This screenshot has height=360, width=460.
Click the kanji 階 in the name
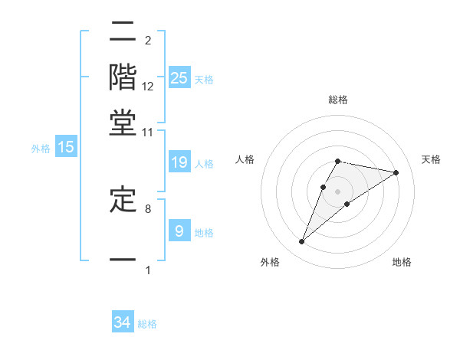click(123, 79)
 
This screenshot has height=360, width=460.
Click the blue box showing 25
click(179, 77)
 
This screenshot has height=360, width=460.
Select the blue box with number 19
click(179, 162)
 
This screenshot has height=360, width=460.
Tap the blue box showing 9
click(179, 231)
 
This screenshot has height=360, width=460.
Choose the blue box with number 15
click(66, 148)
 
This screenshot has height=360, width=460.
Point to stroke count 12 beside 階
click(148, 87)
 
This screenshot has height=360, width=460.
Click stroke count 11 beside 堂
click(148, 133)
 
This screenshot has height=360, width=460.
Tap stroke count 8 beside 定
click(147, 208)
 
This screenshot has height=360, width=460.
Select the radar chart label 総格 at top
click(338, 100)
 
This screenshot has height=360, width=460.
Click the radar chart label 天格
click(431, 159)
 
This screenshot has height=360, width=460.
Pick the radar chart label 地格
click(402, 262)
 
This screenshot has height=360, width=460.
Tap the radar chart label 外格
click(270, 262)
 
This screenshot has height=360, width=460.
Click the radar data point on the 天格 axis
click(396, 173)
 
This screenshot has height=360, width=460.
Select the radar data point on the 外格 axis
click(301, 242)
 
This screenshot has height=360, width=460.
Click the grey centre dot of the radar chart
click(338, 191)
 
